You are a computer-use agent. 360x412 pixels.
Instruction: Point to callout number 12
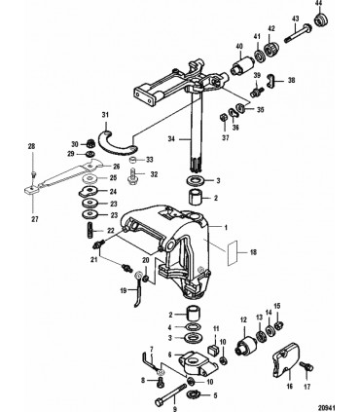(x=244, y=319)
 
